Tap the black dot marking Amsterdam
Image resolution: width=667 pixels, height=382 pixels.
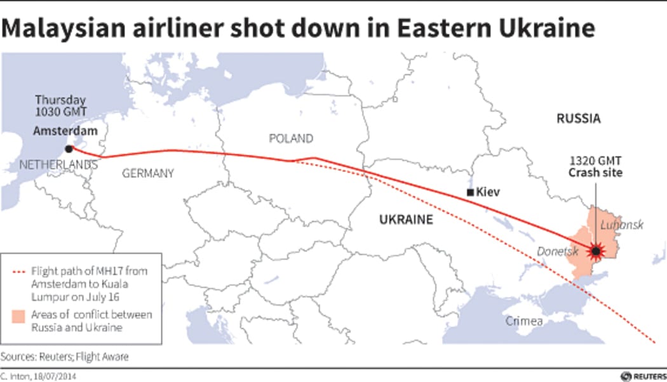(x=69, y=150)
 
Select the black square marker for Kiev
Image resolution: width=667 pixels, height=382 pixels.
(x=470, y=192)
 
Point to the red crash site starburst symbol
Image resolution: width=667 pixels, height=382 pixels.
(x=596, y=252)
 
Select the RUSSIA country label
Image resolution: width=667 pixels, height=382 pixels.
(x=578, y=118)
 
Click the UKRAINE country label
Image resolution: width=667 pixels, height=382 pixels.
(x=406, y=220)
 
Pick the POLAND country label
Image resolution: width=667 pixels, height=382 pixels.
(x=291, y=138)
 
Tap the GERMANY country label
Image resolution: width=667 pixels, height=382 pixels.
(x=147, y=173)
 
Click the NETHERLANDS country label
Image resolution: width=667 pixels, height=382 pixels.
(x=58, y=165)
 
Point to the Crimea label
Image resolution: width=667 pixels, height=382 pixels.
(x=524, y=321)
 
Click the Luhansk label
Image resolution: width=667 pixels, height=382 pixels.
(x=622, y=225)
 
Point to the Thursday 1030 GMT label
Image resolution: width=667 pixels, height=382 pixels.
(x=60, y=105)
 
